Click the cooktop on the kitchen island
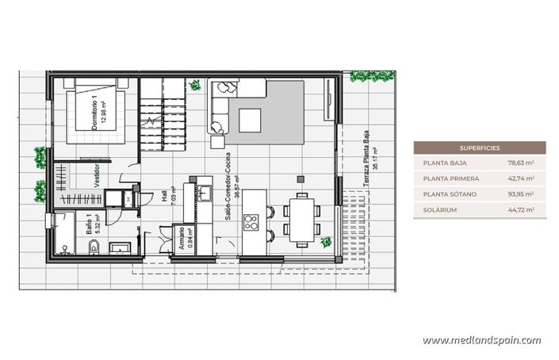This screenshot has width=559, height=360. click(x=253, y=220)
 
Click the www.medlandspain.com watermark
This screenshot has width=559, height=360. click(x=481, y=341)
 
